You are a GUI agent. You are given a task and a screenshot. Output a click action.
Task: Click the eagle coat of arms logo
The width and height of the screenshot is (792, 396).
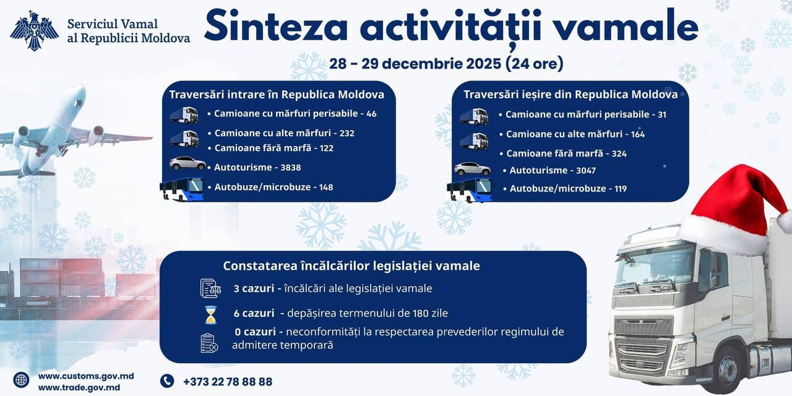pyautogui.click(x=34, y=30)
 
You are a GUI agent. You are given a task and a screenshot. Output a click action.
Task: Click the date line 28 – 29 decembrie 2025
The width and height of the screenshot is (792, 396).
pyautogui.click(x=416, y=64)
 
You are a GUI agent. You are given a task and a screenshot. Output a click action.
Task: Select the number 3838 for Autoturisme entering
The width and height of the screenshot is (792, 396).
pyautogui.click(x=291, y=168)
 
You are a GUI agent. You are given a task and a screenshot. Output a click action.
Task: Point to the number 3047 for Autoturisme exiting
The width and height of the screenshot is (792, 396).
pyautogui.click(x=586, y=171)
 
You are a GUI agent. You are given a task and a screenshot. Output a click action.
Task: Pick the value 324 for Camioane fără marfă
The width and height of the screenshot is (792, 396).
pyautogui.click(x=619, y=154)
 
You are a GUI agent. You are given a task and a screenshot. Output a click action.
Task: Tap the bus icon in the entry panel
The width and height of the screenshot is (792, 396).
pyautogui.click(x=182, y=189)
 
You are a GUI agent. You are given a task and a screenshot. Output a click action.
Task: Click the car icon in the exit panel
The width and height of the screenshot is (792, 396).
pyautogui.click(x=472, y=169)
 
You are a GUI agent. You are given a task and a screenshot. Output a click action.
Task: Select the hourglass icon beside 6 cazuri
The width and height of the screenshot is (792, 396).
pyautogui.click(x=211, y=315)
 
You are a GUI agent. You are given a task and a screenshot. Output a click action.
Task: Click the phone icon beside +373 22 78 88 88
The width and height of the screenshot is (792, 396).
pyautogui.click(x=167, y=381)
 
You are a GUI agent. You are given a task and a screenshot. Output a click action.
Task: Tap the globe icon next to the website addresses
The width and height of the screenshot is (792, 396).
pyautogui.click(x=21, y=380)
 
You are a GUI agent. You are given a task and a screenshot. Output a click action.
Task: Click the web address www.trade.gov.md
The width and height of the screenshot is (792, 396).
pyautogui.click(x=79, y=387)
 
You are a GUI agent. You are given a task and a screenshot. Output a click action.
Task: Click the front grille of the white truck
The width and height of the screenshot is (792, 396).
pyautogui.click(x=643, y=346)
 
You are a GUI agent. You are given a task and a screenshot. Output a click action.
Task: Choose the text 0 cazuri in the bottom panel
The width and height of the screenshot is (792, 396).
pyautogui.click(x=255, y=332)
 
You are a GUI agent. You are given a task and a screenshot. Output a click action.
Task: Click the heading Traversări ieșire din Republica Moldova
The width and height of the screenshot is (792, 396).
pyautogui.click(x=570, y=95)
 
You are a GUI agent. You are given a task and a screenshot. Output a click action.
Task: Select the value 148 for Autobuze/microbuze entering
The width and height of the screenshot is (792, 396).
pyautogui.click(x=326, y=187)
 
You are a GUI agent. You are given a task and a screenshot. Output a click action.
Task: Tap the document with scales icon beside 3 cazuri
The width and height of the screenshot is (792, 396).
pyautogui.click(x=211, y=288)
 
